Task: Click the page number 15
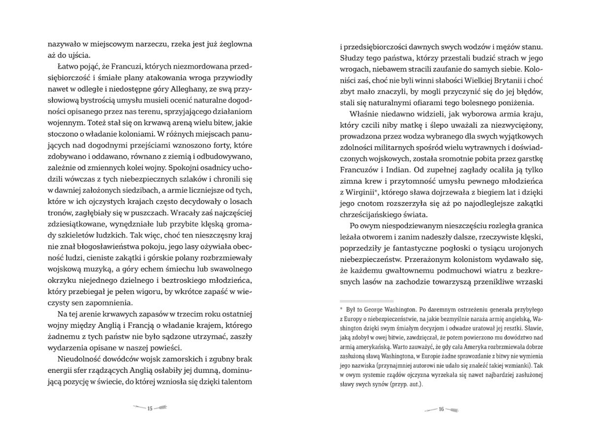(x=151, y=408)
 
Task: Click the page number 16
(x=441, y=408)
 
